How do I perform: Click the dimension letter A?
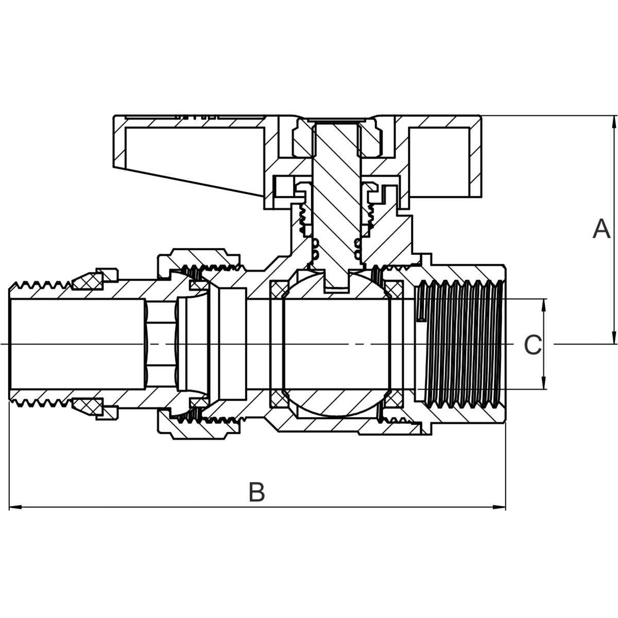pyautogui.click(x=601, y=229)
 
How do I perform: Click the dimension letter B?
pyautogui.click(x=256, y=492)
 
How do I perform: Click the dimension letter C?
pyautogui.click(x=533, y=345)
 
